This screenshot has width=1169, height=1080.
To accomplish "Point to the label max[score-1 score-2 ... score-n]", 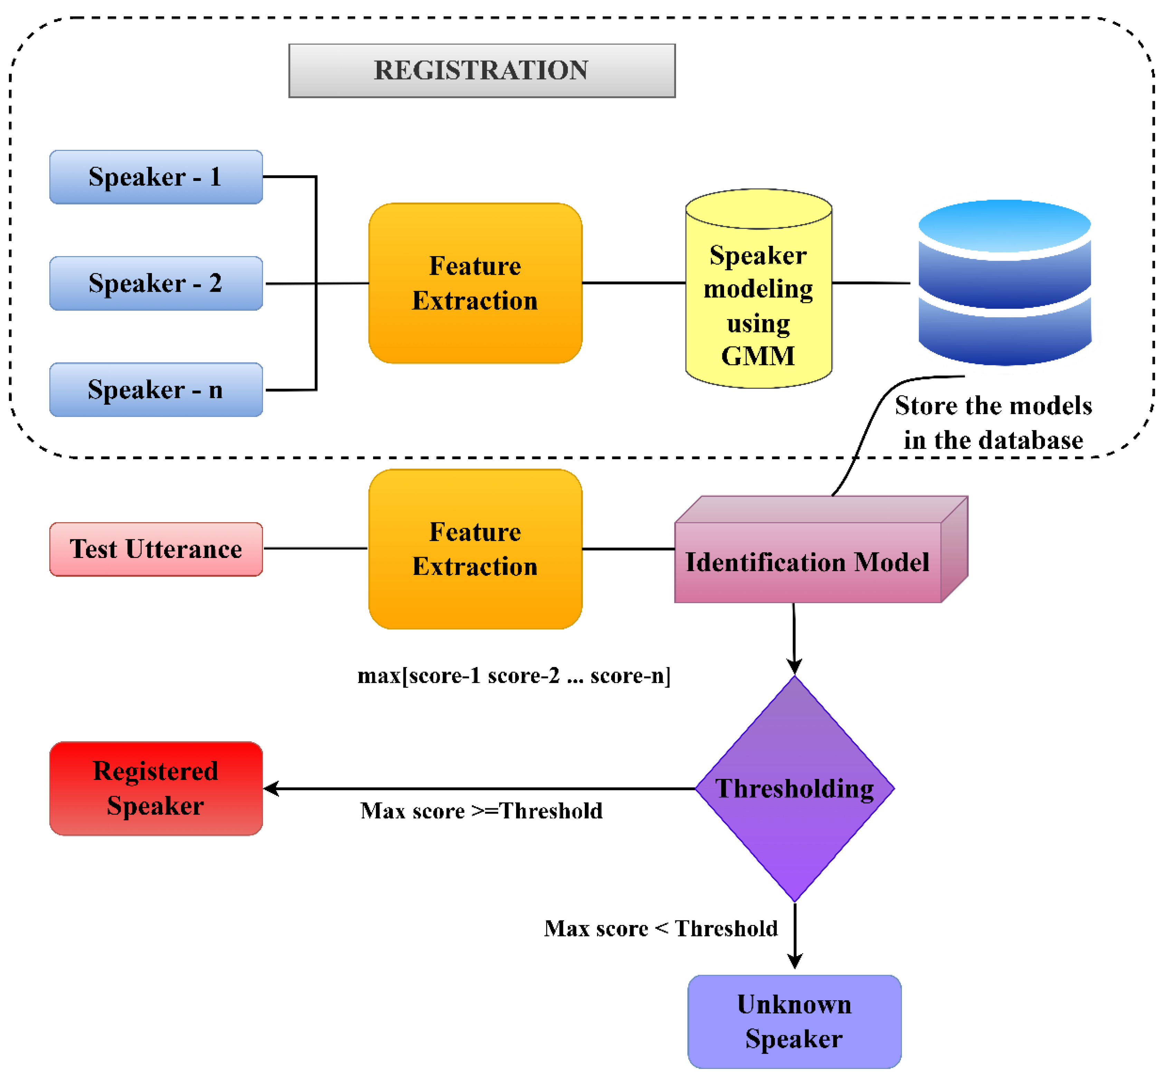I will tap(513, 676).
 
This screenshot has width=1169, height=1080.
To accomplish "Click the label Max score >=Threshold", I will tap(481, 811).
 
